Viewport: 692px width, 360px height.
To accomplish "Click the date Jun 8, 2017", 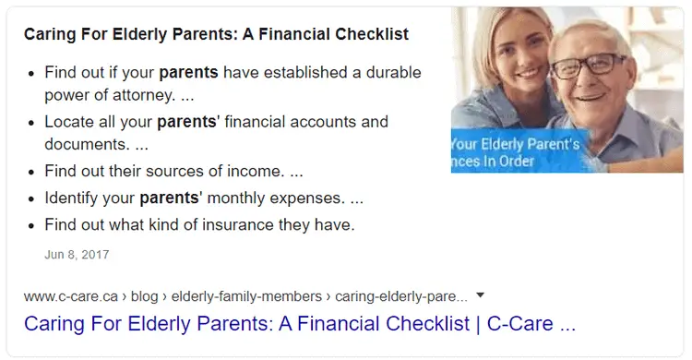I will tap(77, 253).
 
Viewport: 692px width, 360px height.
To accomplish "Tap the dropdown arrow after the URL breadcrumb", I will tap(480, 295).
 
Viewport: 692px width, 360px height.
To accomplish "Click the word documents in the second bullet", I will tap(85, 145).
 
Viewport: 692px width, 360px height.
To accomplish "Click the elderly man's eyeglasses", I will tap(588, 66).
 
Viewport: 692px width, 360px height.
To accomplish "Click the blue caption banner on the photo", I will tap(517, 152).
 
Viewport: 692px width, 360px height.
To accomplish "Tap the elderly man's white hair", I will tap(591, 23).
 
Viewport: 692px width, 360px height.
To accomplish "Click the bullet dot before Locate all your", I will tap(32, 123).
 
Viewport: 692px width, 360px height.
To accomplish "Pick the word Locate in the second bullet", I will tap(70, 122).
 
